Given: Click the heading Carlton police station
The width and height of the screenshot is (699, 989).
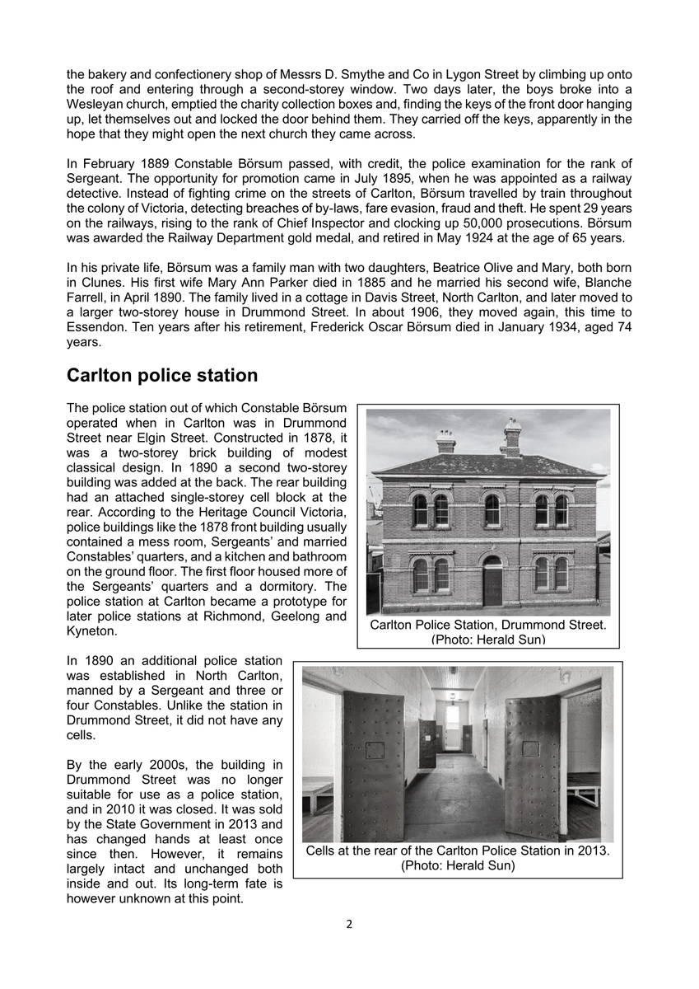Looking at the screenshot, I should pos(161,376).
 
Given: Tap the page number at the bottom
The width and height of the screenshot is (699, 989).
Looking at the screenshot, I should pos(349,924).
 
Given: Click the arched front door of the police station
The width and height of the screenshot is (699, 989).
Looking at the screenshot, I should pos(492,582).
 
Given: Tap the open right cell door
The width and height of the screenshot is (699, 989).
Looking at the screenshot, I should pos(532,766).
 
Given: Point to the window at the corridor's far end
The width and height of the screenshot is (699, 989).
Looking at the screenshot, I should pos(452,715).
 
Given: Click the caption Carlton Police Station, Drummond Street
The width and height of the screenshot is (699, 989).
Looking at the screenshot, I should pos(487,625).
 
